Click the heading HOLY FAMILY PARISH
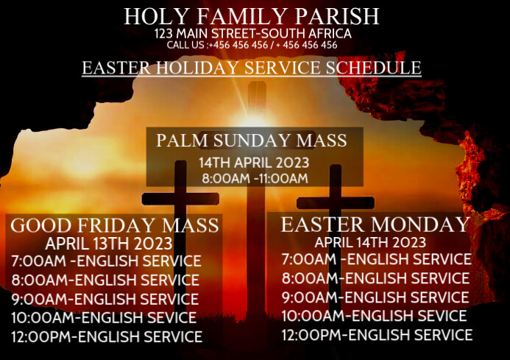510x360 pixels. pyautogui.click(x=252, y=16)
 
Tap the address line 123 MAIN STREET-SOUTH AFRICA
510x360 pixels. pyautogui.click(x=252, y=34)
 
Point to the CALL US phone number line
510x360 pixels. pyautogui.click(x=252, y=45)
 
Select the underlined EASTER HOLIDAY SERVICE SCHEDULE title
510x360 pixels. pyautogui.click(x=252, y=68)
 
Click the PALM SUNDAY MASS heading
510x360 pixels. pyautogui.click(x=252, y=140)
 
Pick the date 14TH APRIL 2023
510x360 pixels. pyautogui.click(x=254, y=163)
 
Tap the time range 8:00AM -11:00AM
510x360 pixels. pyautogui.click(x=254, y=177)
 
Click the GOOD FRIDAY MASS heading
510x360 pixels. pyautogui.click(x=116, y=225)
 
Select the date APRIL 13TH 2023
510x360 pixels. pyautogui.click(x=109, y=244)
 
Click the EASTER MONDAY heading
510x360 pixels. pyautogui.click(x=375, y=225)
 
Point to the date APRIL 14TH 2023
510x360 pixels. pyautogui.click(x=370, y=242)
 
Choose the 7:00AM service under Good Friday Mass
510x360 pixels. pyautogui.click(x=106, y=261)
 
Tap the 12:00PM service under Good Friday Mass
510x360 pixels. pyautogui.click(x=107, y=337)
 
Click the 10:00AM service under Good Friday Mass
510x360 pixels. pyautogui.click(x=104, y=318)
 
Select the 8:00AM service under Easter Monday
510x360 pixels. pyautogui.click(x=375, y=278)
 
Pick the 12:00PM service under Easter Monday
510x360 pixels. pyautogui.click(x=377, y=335)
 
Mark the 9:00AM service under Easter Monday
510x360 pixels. pyautogui.click(x=375, y=297)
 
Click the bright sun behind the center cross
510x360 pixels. pyautogui.click(x=254, y=118)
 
